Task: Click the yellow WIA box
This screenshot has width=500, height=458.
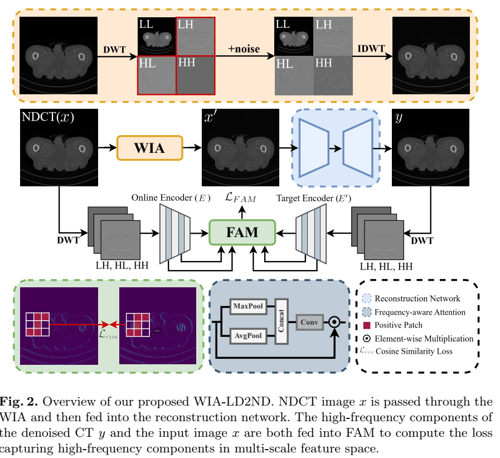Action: (x=149, y=148)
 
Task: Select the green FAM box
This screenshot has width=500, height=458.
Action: (x=242, y=232)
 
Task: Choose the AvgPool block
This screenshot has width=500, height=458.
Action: (x=248, y=336)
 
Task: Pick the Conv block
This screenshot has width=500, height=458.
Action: (x=309, y=322)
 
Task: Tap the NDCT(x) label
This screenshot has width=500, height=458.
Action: (x=47, y=118)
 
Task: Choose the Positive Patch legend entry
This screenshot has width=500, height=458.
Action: (x=398, y=325)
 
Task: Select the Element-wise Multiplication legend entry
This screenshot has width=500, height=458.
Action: (x=424, y=338)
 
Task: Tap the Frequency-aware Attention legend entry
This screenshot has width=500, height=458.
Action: (x=420, y=312)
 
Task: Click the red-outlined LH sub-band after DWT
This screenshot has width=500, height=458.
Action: (x=195, y=36)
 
